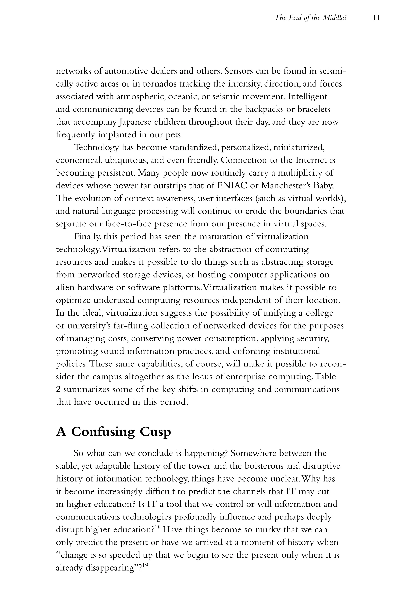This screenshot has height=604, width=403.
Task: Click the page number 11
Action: coord(376,18)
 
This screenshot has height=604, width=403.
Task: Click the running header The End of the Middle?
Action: coord(311,18)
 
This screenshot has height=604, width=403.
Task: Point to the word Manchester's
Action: coord(282,185)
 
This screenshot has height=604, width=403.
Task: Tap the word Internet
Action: coord(311,160)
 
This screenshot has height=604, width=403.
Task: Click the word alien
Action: coord(65,287)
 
